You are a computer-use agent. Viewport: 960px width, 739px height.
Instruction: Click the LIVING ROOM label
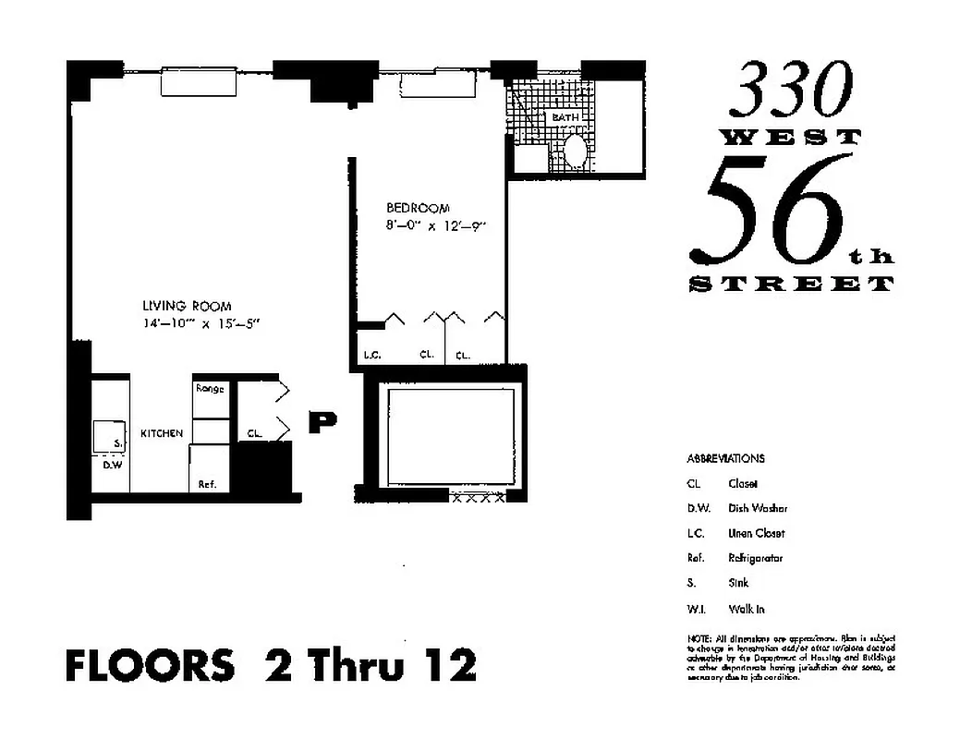pyautogui.click(x=186, y=306)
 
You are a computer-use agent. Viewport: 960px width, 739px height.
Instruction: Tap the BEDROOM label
pyautogui.click(x=418, y=208)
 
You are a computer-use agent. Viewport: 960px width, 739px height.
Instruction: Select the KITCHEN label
pyautogui.click(x=161, y=433)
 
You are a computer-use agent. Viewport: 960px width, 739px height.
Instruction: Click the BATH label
pyautogui.click(x=565, y=118)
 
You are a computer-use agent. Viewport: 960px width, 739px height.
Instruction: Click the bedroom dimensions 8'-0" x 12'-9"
pyautogui.click(x=435, y=224)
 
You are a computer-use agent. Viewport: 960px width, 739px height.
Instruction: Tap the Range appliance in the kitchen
pyautogui.click(x=210, y=390)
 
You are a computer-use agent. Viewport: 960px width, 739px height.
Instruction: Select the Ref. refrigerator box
pyautogui.click(x=207, y=483)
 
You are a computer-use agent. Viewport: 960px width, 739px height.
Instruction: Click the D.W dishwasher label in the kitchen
pyautogui.click(x=112, y=464)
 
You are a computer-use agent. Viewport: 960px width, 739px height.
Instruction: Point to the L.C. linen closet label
pyautogui.click(x=372, y=354)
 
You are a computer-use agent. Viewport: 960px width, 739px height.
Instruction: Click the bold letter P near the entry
pyautogui.click(x=322, y=422)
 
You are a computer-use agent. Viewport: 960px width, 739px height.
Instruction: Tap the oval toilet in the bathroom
pyautogui.click(x=575, y=154)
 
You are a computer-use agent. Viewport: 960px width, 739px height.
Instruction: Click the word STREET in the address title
pyautogui.click(x=792, y=284)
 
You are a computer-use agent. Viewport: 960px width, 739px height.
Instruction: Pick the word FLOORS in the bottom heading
pyautogui.click(x=150, y=666)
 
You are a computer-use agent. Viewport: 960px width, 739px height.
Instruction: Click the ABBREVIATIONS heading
pyautogui.click(x=725, y=458)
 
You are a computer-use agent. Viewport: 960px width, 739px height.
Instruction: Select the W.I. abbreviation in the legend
pyautogui.click(x=696, y=609)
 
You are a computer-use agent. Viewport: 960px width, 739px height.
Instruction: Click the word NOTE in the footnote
pyautogui.click(x=698, y=638)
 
